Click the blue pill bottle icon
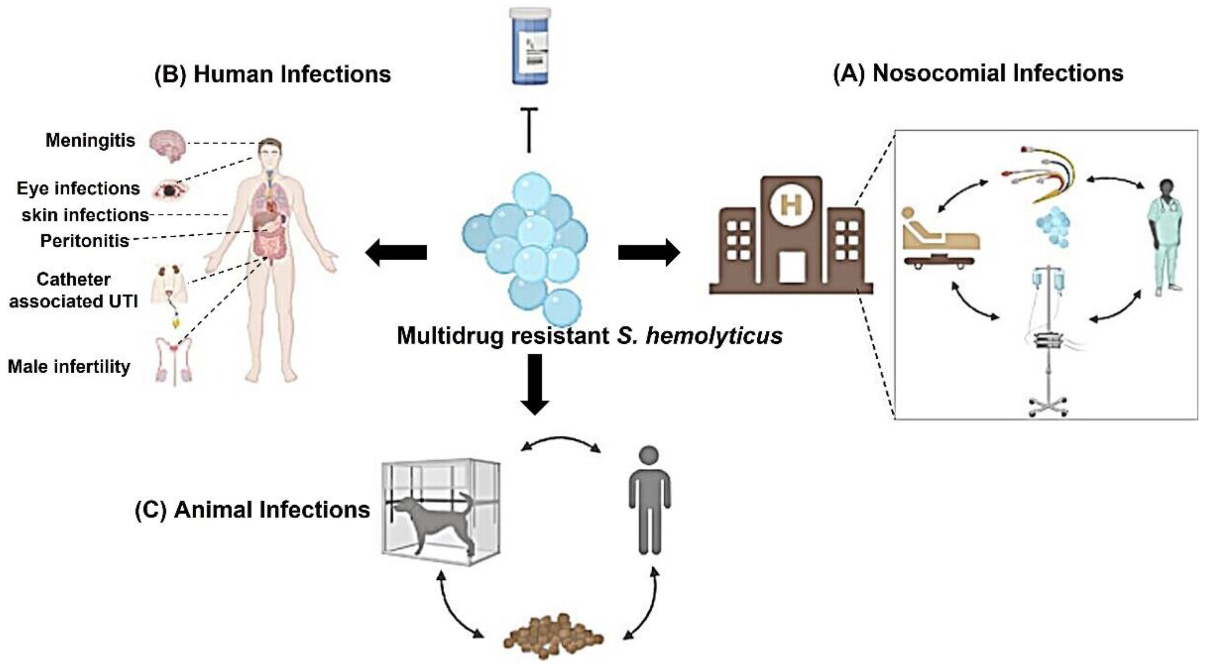530,47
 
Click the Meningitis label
90,140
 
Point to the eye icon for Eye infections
169,189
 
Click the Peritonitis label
85,241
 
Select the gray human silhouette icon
650,501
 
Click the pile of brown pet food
553,636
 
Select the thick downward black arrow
535,383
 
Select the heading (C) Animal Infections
252,510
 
